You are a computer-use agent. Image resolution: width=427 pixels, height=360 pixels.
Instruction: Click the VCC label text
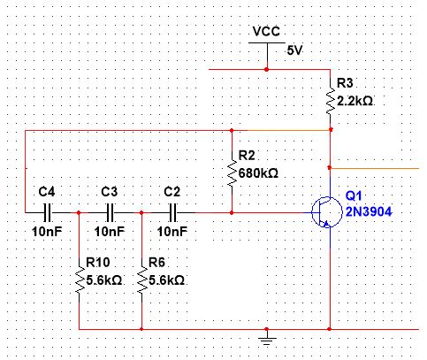267,31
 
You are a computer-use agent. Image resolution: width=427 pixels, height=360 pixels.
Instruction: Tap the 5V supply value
294,50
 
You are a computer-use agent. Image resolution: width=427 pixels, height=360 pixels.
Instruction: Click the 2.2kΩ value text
355,101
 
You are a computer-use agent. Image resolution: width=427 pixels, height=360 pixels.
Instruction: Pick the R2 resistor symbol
232,170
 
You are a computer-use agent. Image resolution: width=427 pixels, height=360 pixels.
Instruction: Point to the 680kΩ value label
259,173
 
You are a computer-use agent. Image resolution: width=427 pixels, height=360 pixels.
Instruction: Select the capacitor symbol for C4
47,212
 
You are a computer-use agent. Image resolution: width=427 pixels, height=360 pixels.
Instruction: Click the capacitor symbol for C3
111,212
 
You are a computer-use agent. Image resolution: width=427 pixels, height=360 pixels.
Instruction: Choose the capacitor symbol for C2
173,212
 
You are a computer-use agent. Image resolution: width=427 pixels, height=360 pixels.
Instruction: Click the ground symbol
267,336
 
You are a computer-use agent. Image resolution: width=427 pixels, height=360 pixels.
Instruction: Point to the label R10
97,263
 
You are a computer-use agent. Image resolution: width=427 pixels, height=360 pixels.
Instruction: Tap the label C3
110,191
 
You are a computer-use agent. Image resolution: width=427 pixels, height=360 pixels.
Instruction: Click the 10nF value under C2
172,232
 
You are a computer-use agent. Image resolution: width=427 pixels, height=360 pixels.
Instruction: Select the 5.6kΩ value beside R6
166,280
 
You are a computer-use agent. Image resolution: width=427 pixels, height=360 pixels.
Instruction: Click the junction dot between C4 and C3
80,212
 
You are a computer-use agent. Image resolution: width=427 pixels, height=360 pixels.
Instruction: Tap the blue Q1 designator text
355,195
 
